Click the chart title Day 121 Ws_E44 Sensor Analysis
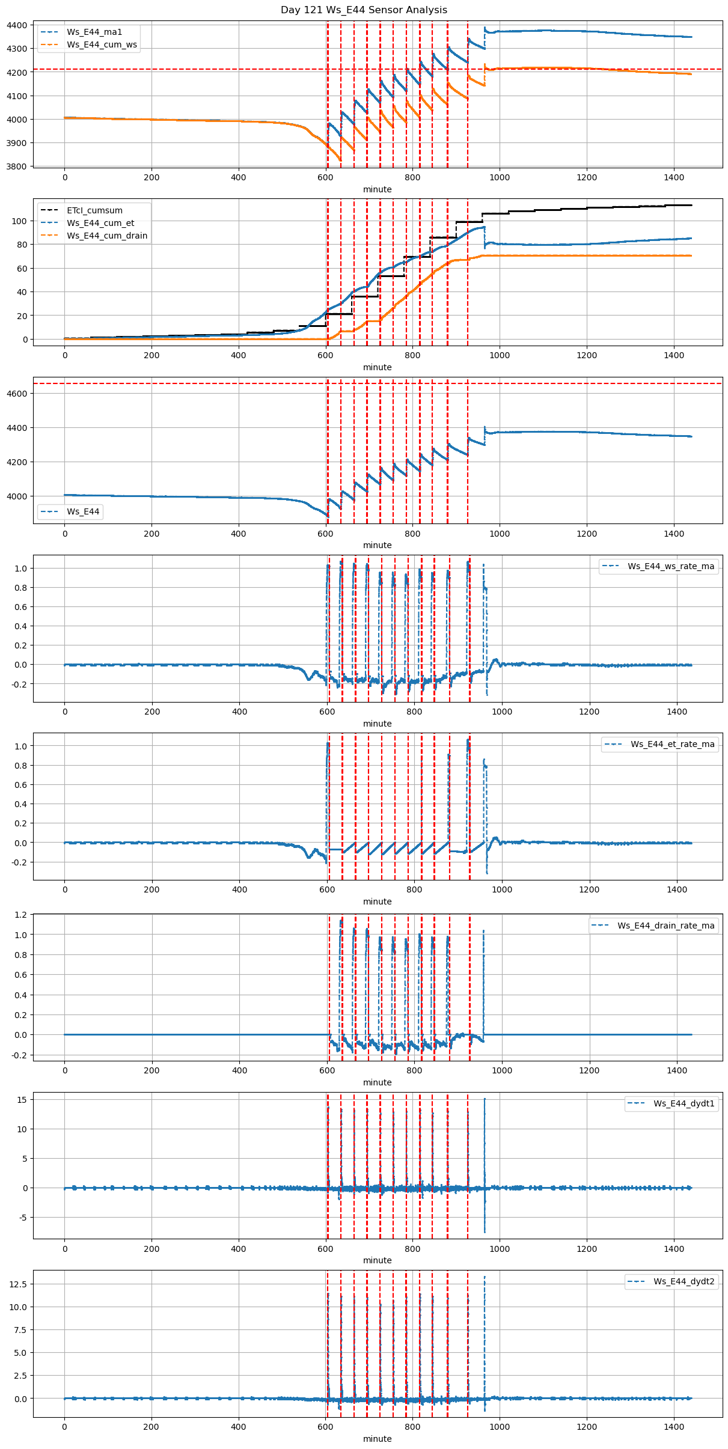pyautogui.click(x=364, y=10)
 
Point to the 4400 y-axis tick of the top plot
pyautogui.click(x=17, y=25)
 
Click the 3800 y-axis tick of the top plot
pyautogui.click(x=17, y=166)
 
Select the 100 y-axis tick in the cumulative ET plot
pyautogui.click(x=20, y=221)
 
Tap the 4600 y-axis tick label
pyautogui.click(x=17, y=394)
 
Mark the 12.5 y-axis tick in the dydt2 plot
pyautogui.click(x=18, y=1284)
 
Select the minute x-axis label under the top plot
pyautogui.click(x=377, y=189)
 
